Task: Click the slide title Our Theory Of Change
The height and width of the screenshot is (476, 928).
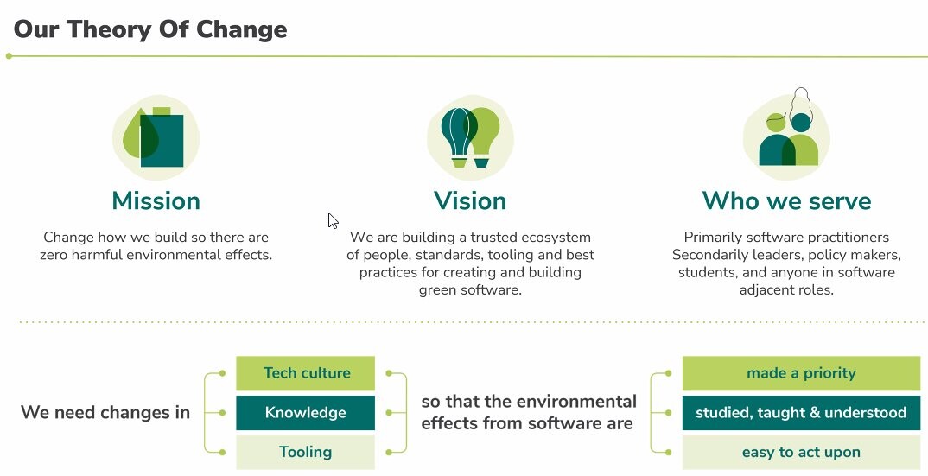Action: [150, 29]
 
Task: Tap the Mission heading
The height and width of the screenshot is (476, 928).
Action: [156, 200]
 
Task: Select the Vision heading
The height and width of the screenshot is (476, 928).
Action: [470, 200]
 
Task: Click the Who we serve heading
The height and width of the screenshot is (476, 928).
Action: [786, 200]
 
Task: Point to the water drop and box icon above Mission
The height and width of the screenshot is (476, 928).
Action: [156, 137]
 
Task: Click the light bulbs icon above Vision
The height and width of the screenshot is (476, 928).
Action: [471, 137]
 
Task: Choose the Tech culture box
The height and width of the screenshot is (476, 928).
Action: [305, 373]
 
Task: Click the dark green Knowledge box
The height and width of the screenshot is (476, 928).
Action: [305, 413]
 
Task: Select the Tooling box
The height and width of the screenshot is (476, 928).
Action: [305, 453]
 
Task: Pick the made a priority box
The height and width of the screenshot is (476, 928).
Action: [801, 373]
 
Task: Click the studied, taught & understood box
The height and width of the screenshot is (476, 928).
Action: [801, 413]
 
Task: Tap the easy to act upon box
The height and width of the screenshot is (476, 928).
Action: [801, 453]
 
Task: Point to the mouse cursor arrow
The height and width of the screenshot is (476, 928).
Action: [333, 220]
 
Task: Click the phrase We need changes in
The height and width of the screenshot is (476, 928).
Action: [105, 413]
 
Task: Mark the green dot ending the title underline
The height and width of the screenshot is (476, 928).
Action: [9, 56]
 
